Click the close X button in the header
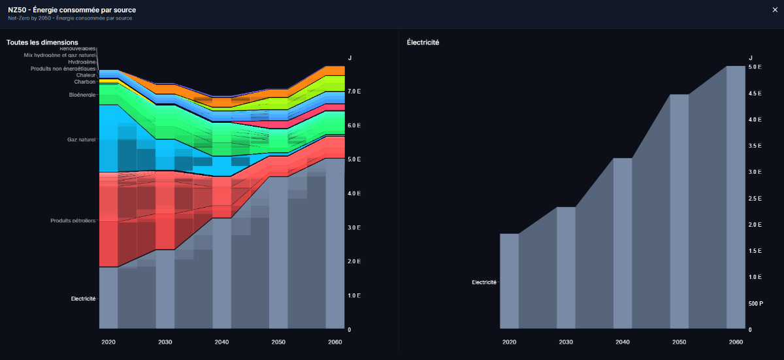pyautogui.click(x=775, y=10)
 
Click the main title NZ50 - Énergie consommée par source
pyautogui.click(x=72, y=10)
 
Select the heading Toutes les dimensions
pyautogui.click(x=42, y=42)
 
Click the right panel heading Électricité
pyautogui.click(x=423, y=42)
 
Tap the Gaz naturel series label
pyautogui.click(x=82, y=140)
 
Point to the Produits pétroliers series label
pyautogui.click(x=73, y=221)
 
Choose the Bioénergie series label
pyautogui.click(x=82, y=95)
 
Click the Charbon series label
pyautogui.click(x=85, y=82)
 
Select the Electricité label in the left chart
pyautogui.click(x=83, y=299)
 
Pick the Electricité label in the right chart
pyautogui.click(x=484, y=282)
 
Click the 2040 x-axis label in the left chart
pyautogui.click(x=222, y=342)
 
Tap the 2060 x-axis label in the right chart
pyautogui.click(x=736, y=342)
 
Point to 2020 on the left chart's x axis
pyautogui.click(x=108, y=342)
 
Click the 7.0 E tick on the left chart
pyautogui.click(x=354, y=91)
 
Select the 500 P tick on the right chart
pyautogui.click(x=755, y=304)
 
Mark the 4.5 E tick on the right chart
pyautogui.click(x=755, y=93)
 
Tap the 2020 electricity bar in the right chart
pyautogui.click(x=510, y=281)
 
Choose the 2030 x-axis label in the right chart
pyautogui.click(x=566, y=342)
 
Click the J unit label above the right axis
pyautogui.click(x=751, y=58)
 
